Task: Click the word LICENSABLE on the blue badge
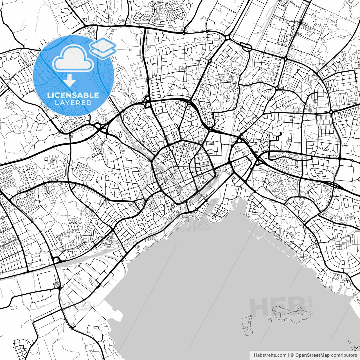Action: tap(73, 95)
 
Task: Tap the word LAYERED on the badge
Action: tap(73, 103)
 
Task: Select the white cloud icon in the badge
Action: tap(73, 58)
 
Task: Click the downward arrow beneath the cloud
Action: tap(69, 81)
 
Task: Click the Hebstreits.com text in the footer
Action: tap(270, 355)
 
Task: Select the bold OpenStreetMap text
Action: tap(312, 355)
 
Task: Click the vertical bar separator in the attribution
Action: tap(289, 355)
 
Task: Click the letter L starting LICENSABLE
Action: tap(49, 95)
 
